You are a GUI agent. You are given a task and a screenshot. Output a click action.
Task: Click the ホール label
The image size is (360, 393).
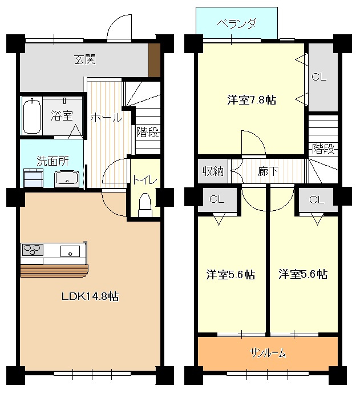pos(106,118)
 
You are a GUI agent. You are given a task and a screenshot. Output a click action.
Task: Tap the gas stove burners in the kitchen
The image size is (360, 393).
pos(33,250)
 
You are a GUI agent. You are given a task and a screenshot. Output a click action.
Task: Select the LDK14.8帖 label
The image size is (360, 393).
pos(90,297)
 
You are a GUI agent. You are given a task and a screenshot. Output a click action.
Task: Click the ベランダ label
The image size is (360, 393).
pos(237,24)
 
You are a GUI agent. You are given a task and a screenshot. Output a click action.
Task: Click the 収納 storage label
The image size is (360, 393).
pos(213,170)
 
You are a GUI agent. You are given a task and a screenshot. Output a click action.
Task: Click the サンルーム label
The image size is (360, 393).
pos(268,354)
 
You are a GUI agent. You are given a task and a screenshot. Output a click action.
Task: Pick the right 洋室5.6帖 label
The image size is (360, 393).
pos(303,275)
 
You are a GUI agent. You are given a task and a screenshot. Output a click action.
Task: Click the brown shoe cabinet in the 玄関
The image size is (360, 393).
pos(154,60)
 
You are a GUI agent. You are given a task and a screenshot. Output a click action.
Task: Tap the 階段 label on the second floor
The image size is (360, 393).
pos(323,150)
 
